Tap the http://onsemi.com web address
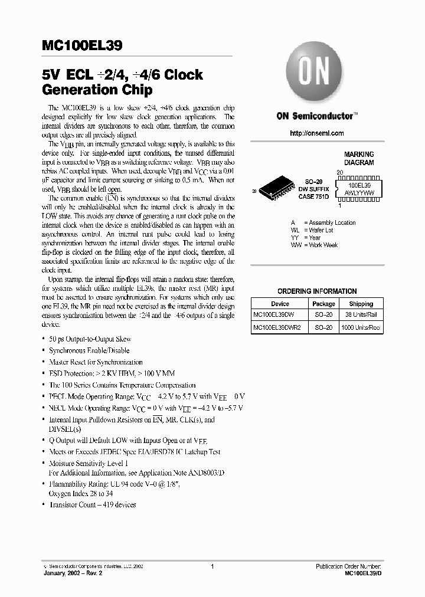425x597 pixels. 317,133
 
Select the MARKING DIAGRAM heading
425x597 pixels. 359,159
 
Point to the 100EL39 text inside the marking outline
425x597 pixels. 359,185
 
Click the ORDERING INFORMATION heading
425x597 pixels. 317,291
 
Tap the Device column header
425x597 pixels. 280,304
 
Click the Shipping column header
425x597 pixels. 361,304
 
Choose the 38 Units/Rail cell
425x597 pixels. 361,316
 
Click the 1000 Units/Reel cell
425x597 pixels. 361,327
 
